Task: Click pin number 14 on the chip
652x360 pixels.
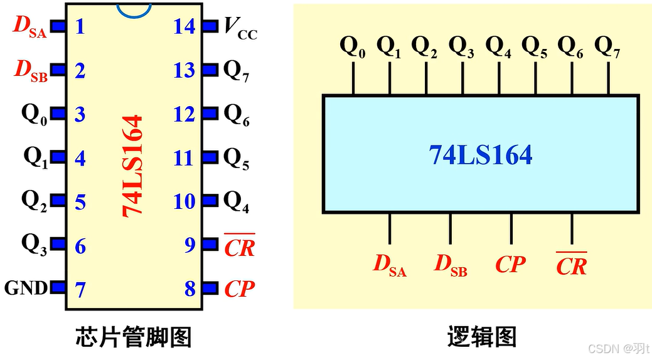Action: [x=184, y=26]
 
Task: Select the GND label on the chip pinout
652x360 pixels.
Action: [x=26, y=289]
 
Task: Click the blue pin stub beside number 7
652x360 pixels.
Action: [x=58, y=288]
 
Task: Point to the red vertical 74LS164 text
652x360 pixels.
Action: [x=133, y=166]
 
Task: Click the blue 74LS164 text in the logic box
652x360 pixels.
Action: [x=480, y=154]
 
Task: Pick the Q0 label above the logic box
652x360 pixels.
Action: [x=352, y=46]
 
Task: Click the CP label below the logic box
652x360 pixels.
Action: [x=510, y=265]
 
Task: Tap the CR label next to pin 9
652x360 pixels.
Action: [x=240, y=246]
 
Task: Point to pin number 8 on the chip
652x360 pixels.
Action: [x=190, y=289]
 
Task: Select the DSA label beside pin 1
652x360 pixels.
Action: [x=30, y=27]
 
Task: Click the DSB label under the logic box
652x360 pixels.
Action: [x=451, y=265]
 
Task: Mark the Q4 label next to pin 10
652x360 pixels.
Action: [x=237, y=202]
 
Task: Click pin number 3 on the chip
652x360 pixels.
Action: [x=80, y=115]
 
